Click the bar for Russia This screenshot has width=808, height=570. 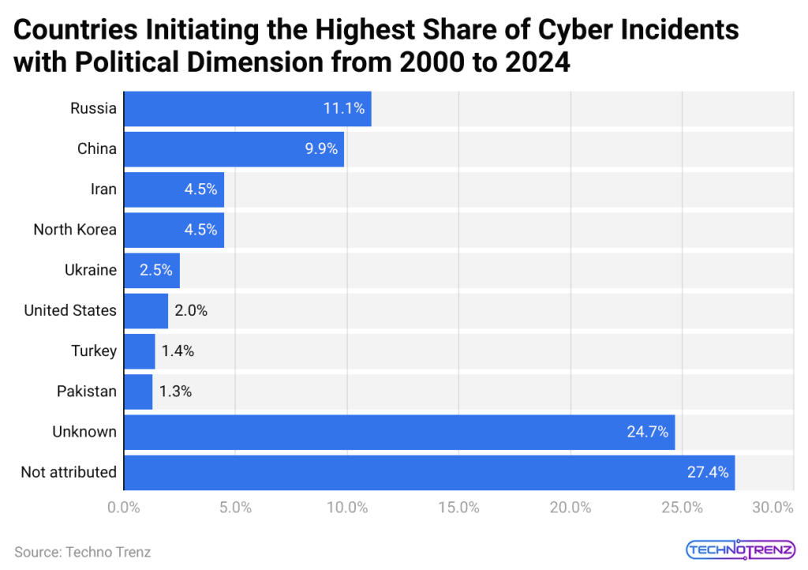coord(248,109)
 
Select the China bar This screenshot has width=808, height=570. coord(234,149)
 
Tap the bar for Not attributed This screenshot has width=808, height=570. coord(429,472)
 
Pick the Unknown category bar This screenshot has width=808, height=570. coord(399,432)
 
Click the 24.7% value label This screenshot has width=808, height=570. coord(647,432)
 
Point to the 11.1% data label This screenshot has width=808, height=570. coord(343,109)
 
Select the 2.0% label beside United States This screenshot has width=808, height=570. coord(191,310)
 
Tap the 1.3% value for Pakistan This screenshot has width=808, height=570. coord(175,392)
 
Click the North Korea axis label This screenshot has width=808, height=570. coord(75,230)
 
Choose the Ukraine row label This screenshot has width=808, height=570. coord(90,270)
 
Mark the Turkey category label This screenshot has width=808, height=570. coord(93,351)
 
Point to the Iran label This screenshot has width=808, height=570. coord(103,189)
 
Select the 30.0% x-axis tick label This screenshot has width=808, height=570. coord(772,508)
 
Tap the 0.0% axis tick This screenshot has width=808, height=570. coord(124,508)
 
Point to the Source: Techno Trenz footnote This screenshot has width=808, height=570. coord(82,552)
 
